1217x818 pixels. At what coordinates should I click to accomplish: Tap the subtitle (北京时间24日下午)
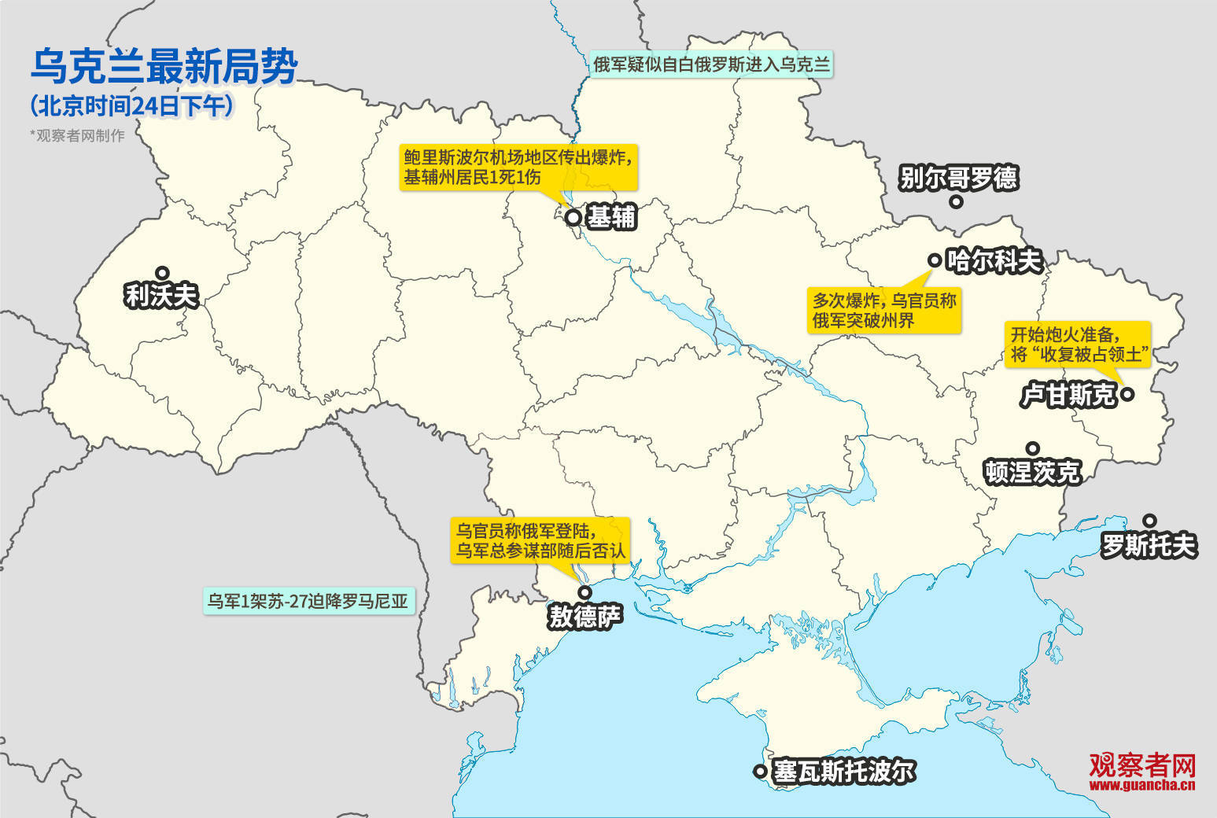point(132,105)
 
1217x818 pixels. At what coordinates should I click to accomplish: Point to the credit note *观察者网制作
point(77,135)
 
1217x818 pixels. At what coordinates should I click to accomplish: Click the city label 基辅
point(612,217)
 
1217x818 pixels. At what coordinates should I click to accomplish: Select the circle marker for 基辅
point(573,217)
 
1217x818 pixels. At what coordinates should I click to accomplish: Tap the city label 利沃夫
point(161,296)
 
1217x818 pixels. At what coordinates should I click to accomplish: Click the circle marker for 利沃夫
point(162,273)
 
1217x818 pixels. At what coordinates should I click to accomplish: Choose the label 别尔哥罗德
point(959,178)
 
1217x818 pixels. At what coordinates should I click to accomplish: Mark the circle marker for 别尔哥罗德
point(956,201)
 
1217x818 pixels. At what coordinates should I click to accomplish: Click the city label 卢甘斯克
point(1068,395)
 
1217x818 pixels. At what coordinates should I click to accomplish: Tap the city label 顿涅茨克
point(1032,472)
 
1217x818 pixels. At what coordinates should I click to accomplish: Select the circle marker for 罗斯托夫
point(1149,521)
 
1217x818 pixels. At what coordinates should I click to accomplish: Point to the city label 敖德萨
point(585,617)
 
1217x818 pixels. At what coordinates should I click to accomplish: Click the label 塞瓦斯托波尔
point(844,772)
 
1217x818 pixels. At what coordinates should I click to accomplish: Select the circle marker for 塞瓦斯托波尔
point(760,772)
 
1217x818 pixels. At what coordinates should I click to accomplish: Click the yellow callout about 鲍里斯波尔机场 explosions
point(517,167)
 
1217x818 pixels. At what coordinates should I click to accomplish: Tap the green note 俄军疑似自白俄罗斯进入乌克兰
point(711,64)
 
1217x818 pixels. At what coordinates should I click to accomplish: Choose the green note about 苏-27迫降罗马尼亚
point(308,601)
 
